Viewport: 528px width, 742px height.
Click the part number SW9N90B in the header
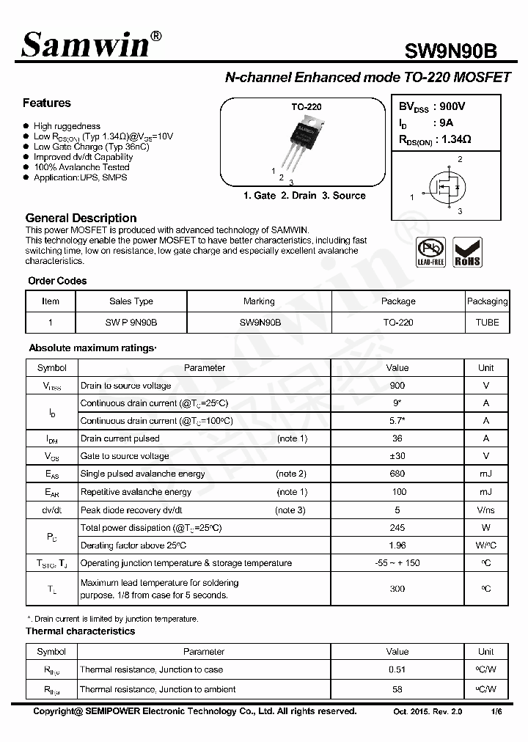tap(450, 51)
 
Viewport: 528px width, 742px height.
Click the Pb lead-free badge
tap(430, 252)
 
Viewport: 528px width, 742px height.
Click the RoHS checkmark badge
tap(467, 252)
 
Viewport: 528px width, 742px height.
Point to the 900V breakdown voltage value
tap(451, 107)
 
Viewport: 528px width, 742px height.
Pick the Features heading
tap(47, 103)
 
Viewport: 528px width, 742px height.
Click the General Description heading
tap(81, 218)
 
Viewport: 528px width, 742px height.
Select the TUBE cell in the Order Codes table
tap(487, 323)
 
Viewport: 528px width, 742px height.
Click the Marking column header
tap(259, 301)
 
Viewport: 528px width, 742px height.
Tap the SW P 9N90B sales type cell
tap(131, 323)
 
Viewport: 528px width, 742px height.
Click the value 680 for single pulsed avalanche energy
tap(397, 474)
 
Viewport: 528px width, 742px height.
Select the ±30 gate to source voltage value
tap(397, 456)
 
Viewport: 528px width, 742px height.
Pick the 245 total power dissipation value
tap(397, 528)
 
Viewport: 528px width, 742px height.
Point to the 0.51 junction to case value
tap(397, 669)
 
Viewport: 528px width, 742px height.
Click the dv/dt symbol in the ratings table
tap(52, 510)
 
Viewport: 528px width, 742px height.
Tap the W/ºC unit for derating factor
tap(485, 546)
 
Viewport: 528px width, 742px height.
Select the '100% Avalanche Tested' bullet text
tap(81, 167)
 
